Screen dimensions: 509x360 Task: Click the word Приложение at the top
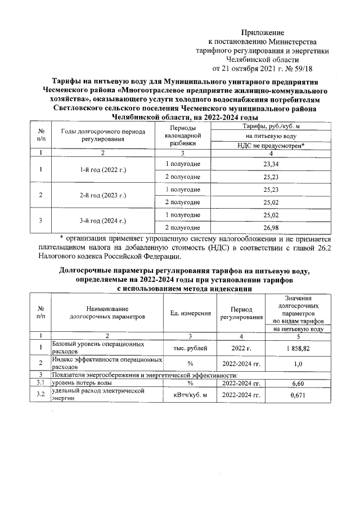(263, 33)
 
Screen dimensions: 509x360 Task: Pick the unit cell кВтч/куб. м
(190, 396)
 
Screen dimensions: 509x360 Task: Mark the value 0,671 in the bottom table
(298, 396)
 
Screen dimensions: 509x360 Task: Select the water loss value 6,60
(298, 383)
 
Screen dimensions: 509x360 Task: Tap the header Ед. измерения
(190, 313)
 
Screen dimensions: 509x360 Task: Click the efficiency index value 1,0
(298, 364)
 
